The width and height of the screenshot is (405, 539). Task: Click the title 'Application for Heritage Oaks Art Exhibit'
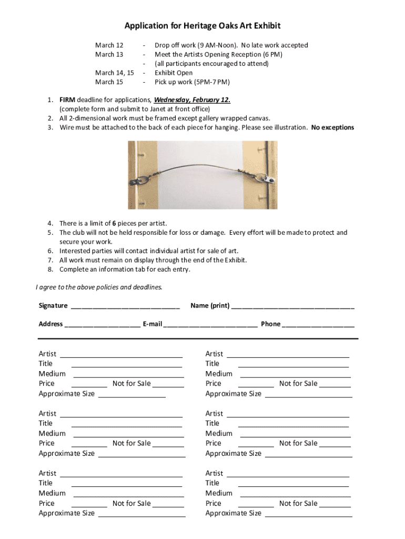(202, 26)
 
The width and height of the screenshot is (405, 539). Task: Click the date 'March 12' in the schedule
(109, 45)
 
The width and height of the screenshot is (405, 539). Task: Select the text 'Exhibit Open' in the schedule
(174, 73)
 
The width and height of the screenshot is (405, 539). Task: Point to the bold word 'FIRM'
(67, 99)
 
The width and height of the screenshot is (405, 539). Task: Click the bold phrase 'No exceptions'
(332, 127)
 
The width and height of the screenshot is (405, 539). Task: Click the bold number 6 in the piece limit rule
(114, 223)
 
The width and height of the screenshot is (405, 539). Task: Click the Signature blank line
(125, 306)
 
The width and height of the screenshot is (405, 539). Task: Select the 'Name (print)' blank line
(292, 306)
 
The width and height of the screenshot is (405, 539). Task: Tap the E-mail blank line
(210, 325)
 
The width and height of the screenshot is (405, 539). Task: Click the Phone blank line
(318, 325)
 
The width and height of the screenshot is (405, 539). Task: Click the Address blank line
(102, 325)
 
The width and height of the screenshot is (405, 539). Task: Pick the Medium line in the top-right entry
(295, 375)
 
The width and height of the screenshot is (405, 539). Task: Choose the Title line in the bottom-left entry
(127, 484)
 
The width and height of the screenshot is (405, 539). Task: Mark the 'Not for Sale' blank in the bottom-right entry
(335, 505)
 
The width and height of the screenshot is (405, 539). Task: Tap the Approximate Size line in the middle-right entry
(308, 455)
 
